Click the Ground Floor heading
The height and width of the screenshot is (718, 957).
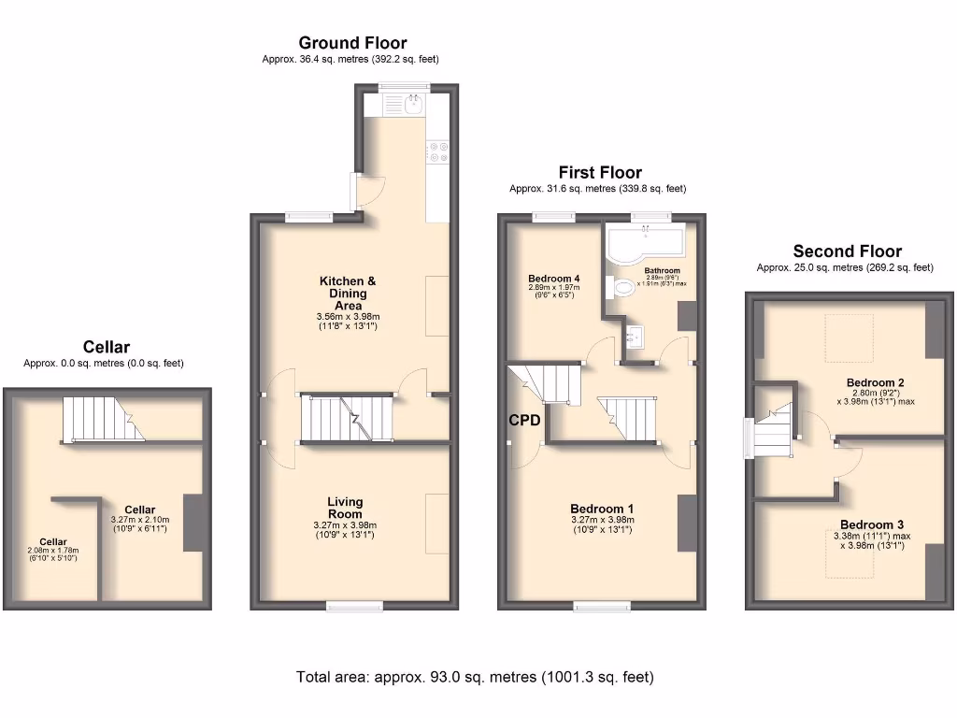click(352, 43)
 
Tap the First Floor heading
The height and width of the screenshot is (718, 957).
click(600, 172)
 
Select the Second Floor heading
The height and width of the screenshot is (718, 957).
click(847, 251)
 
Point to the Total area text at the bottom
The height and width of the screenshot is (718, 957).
click(475, 677)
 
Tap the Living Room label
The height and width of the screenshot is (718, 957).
click(345, 508)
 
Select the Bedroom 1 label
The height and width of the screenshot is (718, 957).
click(602, 509)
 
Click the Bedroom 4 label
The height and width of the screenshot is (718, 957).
click(553, 279)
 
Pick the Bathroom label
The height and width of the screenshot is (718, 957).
click(662, 270)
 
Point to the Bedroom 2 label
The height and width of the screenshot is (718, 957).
click(875, 382)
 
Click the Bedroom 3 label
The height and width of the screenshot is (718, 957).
click(871, 524)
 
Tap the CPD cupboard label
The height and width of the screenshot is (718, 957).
click(524, 421)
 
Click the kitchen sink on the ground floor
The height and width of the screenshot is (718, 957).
click(412, 104)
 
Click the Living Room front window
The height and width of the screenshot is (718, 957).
click(354, 606)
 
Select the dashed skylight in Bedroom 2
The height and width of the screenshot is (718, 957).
click(849, 337)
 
